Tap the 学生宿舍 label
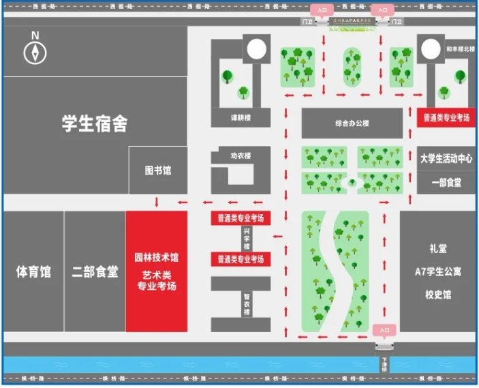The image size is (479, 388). click(95, 123)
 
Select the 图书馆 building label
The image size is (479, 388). click(157, 170)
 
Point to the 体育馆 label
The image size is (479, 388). click(33, 271)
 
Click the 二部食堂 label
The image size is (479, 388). click(95, 271)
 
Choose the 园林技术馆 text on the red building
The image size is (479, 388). click(156, 258)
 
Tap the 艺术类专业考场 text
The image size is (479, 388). click(156, 280)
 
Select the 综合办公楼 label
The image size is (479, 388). click(352, 123)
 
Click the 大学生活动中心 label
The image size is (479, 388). click(446, 158)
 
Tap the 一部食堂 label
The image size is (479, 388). click(446, 182)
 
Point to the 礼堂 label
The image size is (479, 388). click(438, 249)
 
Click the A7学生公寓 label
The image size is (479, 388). click(438, 271)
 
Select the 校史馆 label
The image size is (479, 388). click(438, 295)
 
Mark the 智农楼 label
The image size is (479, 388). click(247, 303)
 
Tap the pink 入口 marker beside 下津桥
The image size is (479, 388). click(384, 330)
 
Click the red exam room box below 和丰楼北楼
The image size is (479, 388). click(446, 117)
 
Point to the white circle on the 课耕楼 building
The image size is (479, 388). click(256, 49)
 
